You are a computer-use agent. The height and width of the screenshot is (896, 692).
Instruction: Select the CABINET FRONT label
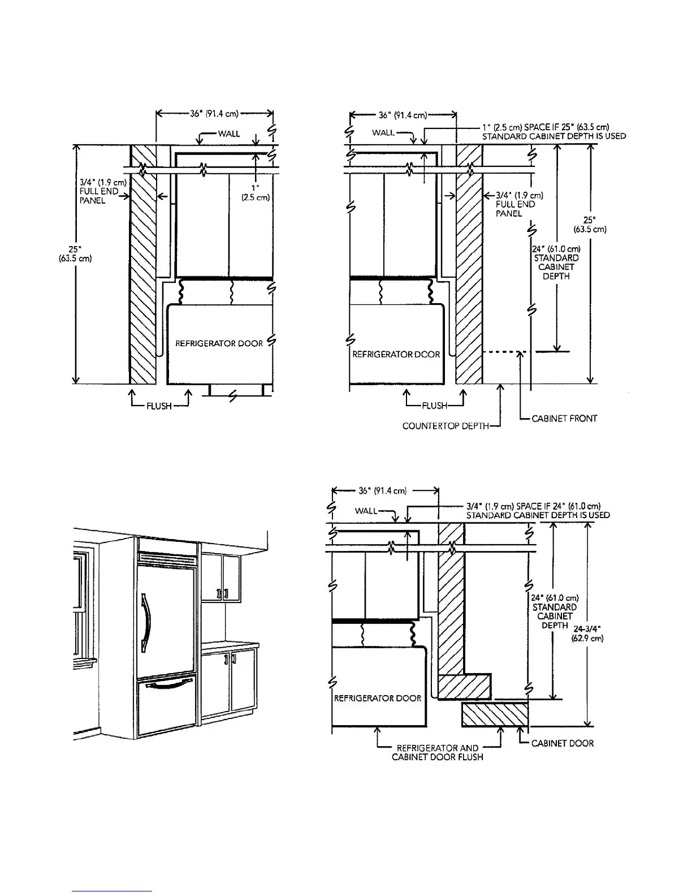point(564,419)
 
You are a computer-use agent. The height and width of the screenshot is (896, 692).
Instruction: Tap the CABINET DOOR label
point(563,743)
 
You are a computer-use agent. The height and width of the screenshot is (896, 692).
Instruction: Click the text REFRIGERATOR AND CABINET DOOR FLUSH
point(438,752)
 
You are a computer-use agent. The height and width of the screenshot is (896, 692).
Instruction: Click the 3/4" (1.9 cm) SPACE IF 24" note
point(537,511)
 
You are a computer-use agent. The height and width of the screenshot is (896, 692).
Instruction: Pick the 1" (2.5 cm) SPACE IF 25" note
point(553,132)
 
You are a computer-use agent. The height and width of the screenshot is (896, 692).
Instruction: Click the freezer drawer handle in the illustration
point(168,687)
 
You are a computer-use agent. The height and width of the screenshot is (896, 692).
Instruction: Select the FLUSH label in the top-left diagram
point(159,406)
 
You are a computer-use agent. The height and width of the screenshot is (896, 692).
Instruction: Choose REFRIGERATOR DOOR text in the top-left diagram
point(219,343)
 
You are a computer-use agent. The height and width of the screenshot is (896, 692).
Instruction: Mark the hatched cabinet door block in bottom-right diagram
point(495,715)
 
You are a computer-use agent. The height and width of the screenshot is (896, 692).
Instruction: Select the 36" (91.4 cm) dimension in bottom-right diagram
point(383,490)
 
